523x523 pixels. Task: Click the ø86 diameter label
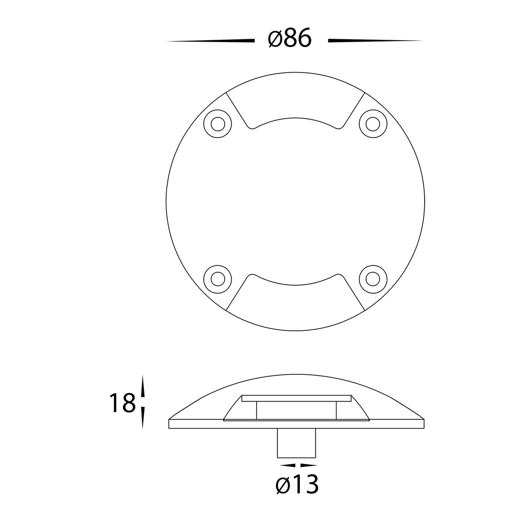click(x=290, y=38)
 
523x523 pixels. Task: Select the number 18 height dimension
click(x=123, y=403)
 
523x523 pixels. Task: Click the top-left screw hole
click(x=218, y=124)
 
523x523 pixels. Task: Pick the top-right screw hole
click(x=373, y=124)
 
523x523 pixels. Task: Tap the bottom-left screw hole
click(x=218, y=279)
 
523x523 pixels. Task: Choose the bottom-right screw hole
click(x=373, y=279)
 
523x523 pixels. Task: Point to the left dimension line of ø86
click(x=210, y=41)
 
